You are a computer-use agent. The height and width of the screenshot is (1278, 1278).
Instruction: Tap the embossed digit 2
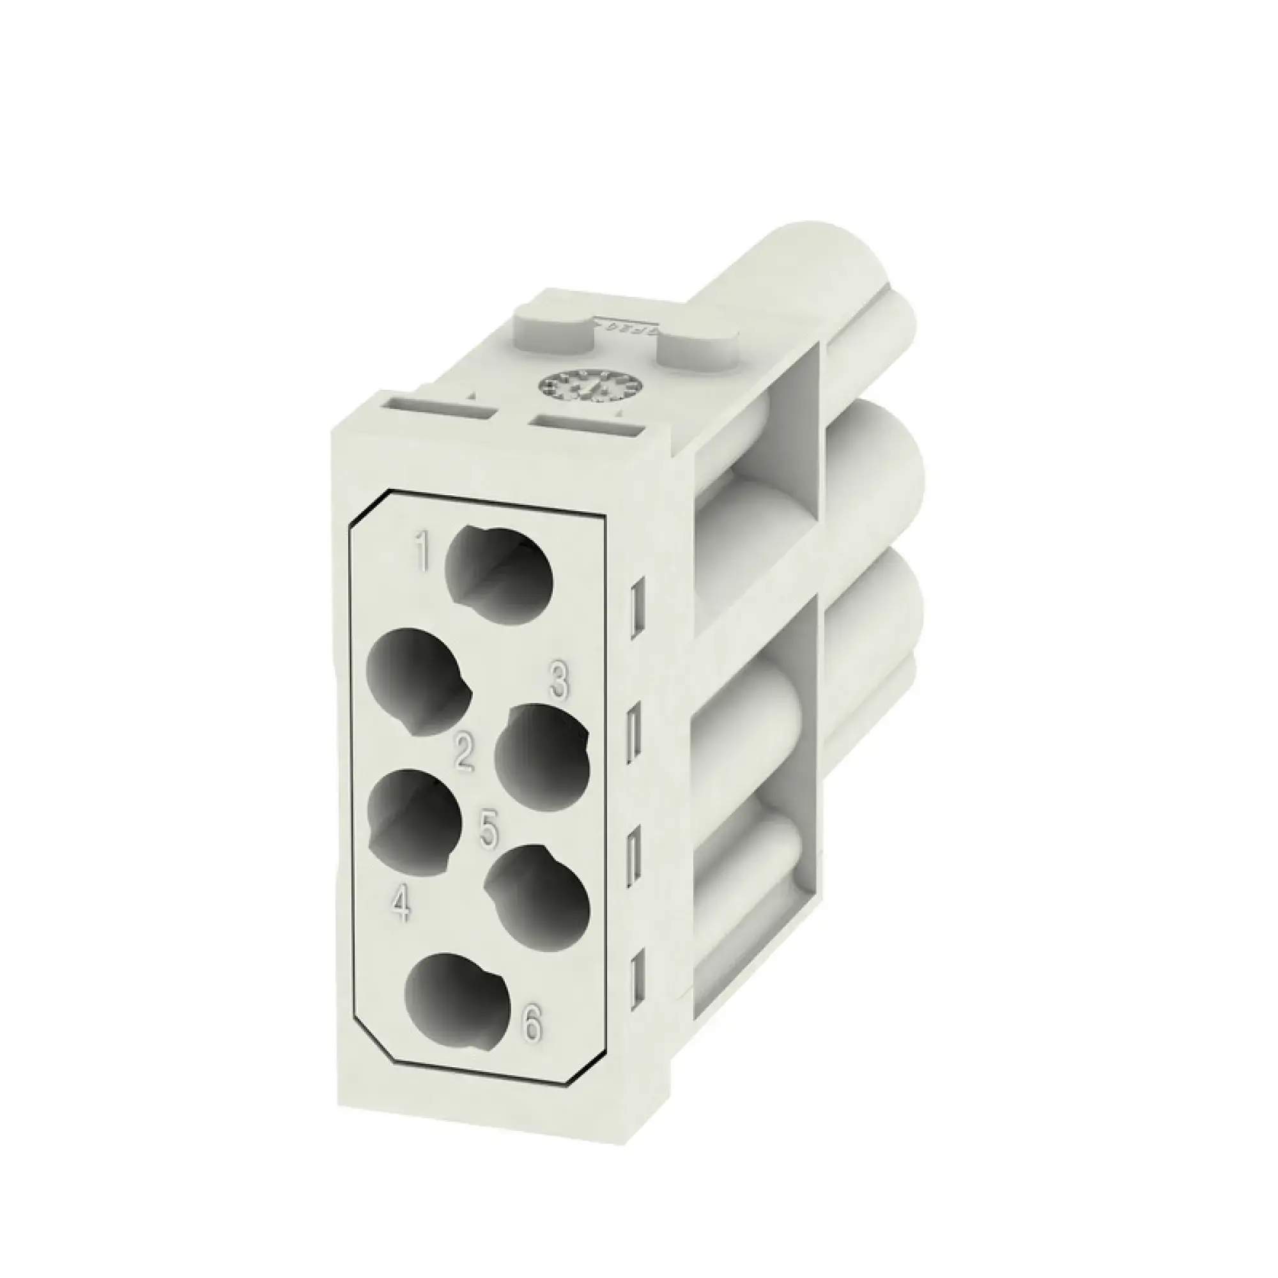pyautogui.click(x=463, y=752)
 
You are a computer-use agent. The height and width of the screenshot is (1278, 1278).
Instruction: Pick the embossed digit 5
pyautogui.click(x=488, y=830)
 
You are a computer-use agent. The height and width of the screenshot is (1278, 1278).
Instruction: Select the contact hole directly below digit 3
pyautogui.click(x=543, y=754)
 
